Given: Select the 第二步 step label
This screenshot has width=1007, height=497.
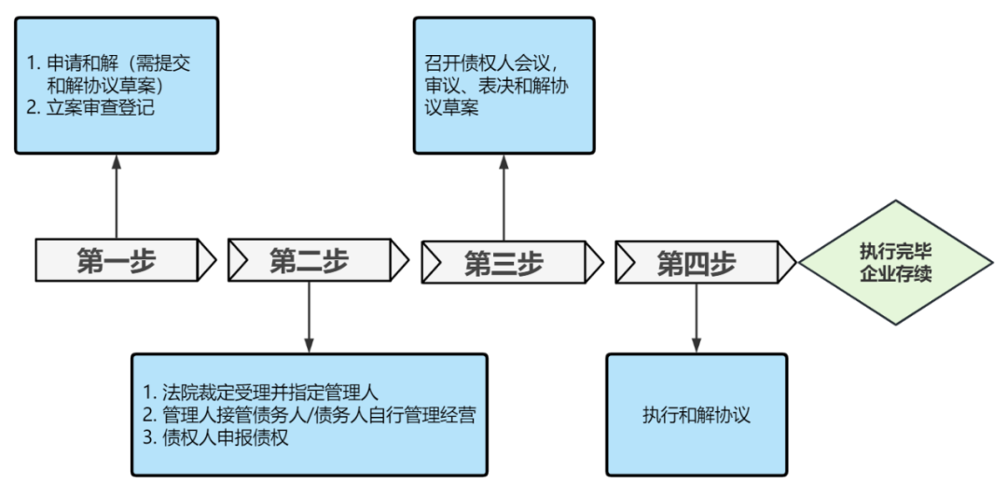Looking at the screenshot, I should [x=309, y=261].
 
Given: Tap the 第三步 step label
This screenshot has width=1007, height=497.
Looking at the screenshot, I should [x=504, y=264].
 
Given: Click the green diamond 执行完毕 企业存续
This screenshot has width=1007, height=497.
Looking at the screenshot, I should [x=895, y=263].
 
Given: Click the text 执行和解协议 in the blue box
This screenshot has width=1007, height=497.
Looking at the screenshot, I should [x=697, y=416].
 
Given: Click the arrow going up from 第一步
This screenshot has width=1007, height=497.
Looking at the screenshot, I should [x=117, y=196].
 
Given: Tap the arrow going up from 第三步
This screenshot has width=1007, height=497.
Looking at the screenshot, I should [x=504, y=198].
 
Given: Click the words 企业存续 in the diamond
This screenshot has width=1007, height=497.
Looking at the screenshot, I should [x=895, y=275].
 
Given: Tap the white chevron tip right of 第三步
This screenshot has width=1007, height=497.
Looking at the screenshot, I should [x=593, y=264].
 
